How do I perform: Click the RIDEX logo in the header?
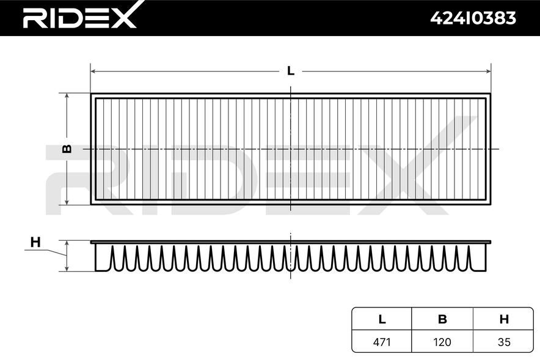pyautogui.click(x=79, y=15)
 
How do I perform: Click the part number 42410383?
pyautogui.click(x=473, y=18)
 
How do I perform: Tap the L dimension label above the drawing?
pyautogui.click(x=291, y=71)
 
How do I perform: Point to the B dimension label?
pyautogui.click(x=67, y=149)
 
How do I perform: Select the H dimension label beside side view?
pyautogui.click(x=35, y=242)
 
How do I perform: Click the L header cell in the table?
pyautogui.click(x=382, y=319)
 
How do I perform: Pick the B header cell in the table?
pyautogui.click(x=442, y=319)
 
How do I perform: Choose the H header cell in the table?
pyautogui.click(x=504, y=319)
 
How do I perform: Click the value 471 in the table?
pyautogui.click(x=382, y=342)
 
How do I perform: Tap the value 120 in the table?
pyautogui.click(x=442, y=342)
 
